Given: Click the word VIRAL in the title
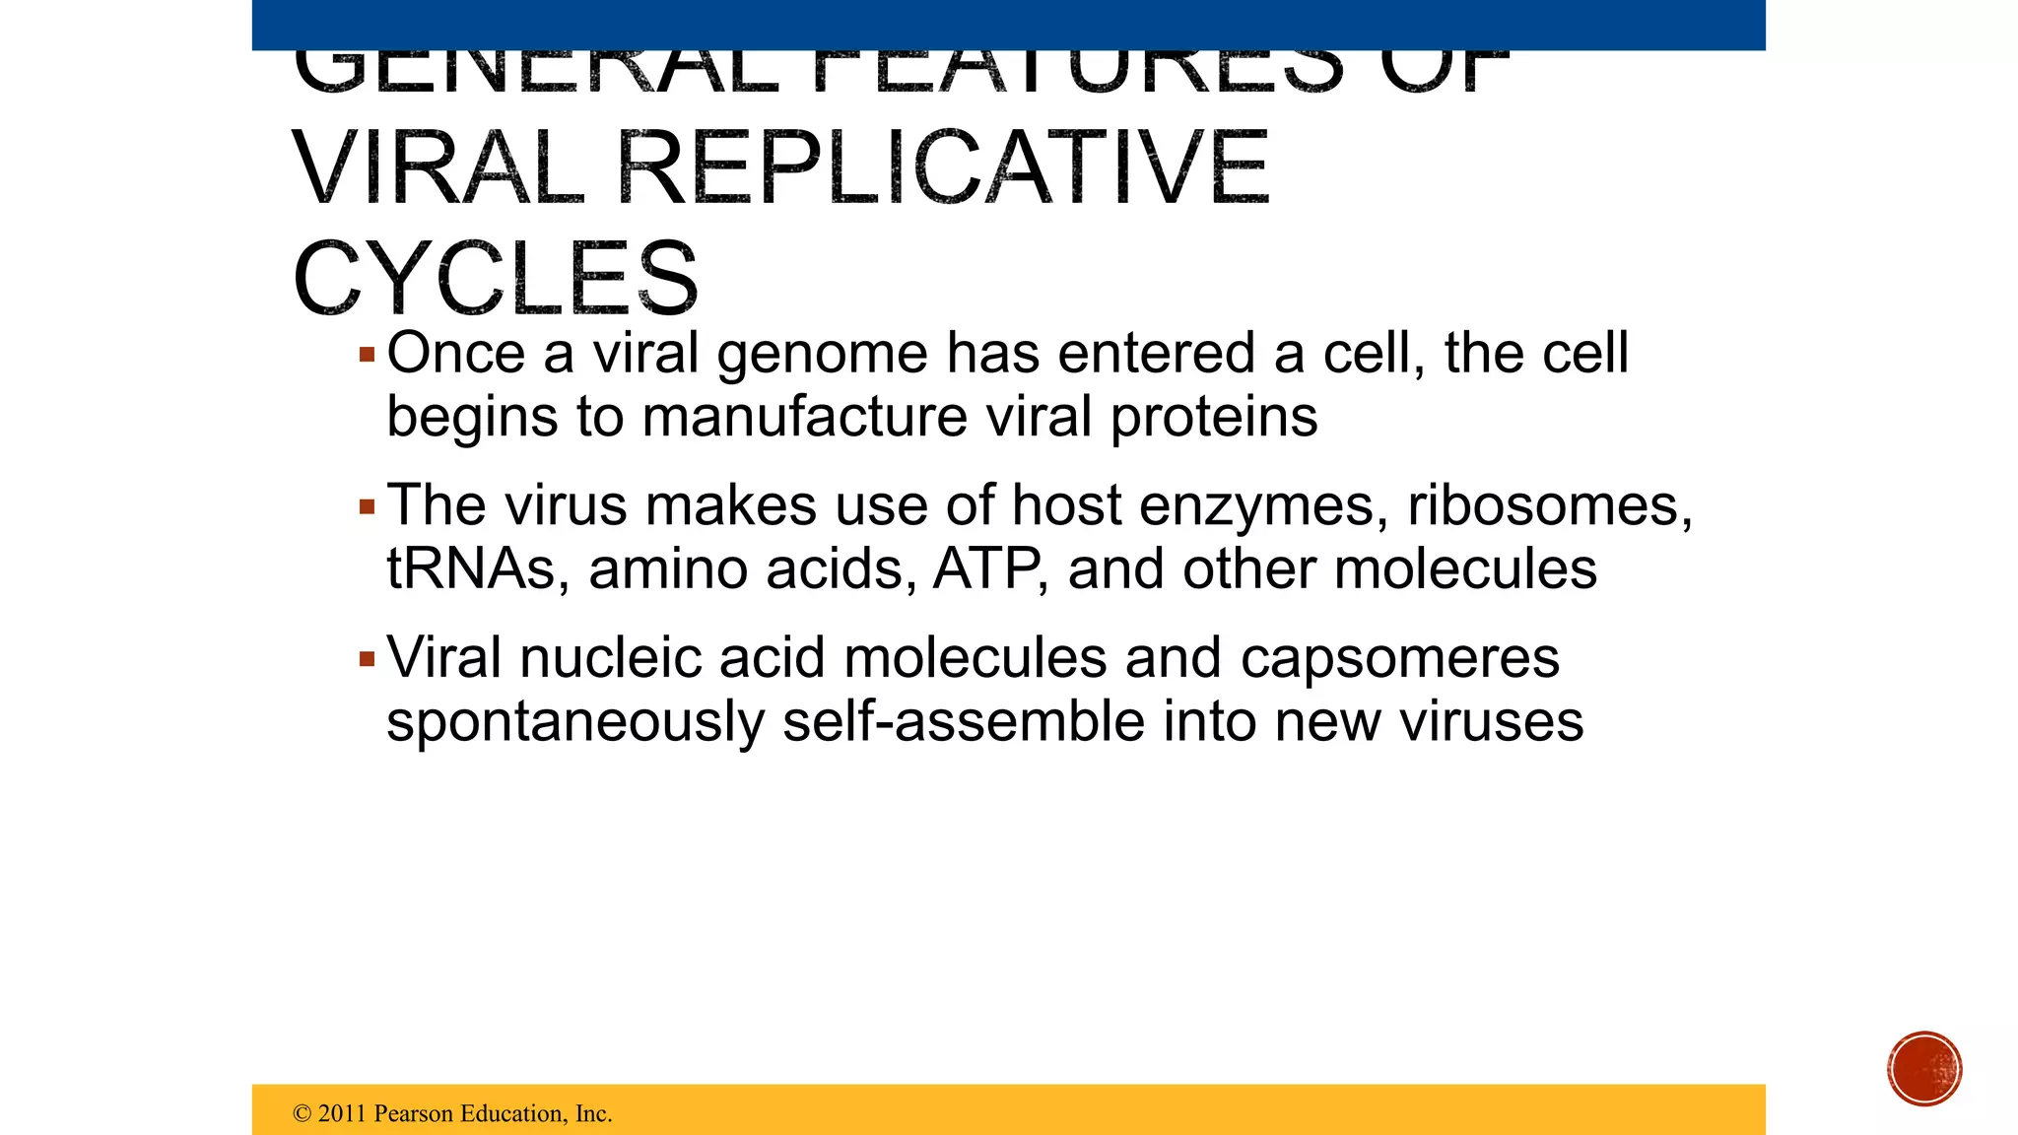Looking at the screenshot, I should (438, 169).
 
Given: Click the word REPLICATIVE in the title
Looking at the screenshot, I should (943, 169).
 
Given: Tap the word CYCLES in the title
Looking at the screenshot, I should (496, 279).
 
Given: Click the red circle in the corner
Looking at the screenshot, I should (1924, 1069).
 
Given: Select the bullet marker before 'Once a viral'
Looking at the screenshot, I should (368, 355).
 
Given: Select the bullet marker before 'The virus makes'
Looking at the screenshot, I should (368, 507).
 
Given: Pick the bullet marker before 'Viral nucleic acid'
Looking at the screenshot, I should (368, 659).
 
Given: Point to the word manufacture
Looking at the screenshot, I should (805, 417).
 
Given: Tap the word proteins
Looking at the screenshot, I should (1214, 417).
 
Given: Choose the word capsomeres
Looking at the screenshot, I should (1399, 659).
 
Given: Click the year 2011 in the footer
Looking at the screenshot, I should (342, 1113).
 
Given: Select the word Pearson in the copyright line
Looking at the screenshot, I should (414, 1113).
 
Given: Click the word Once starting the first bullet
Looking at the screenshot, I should (455, 355).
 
